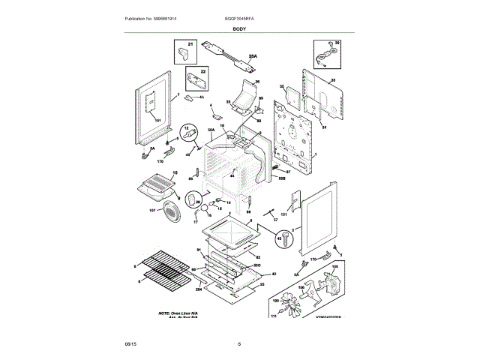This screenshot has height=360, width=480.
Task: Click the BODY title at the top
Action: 239,28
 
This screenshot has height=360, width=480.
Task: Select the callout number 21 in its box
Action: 190,46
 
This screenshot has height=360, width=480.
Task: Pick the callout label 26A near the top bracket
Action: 252,55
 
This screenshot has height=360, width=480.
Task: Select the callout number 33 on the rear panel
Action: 333,79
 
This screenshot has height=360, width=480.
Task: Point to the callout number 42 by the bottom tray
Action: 274,274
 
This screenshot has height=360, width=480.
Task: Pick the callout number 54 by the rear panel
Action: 324,127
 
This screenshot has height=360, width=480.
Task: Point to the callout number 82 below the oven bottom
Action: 268,256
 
